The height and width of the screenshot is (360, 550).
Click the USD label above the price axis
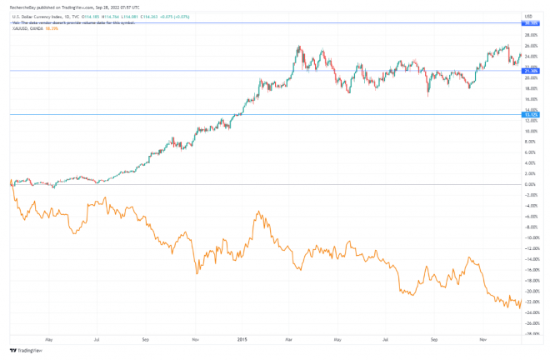(x=528, y=17)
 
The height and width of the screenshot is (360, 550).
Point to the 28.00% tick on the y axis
(x=529, y=36)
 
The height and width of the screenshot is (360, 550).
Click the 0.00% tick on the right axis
(x=529, y=184)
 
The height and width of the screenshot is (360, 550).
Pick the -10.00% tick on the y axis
(x=529, y=237)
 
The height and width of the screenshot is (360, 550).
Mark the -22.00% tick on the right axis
(x=529, y=302)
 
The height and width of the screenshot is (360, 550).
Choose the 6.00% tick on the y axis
(x=529, y=152)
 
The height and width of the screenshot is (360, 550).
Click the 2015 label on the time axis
(x=242, y=339)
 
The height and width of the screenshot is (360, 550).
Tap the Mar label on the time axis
(x=289, y=339)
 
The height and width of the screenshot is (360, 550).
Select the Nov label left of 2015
(x=195, y=339)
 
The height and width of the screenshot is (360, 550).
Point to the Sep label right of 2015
(x=434, y=339)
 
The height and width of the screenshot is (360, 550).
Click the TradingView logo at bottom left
(x=26, y=351)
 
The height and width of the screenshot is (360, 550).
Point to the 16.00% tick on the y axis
(x=529, y=99)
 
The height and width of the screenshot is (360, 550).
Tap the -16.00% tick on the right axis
(x=529, y=270)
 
